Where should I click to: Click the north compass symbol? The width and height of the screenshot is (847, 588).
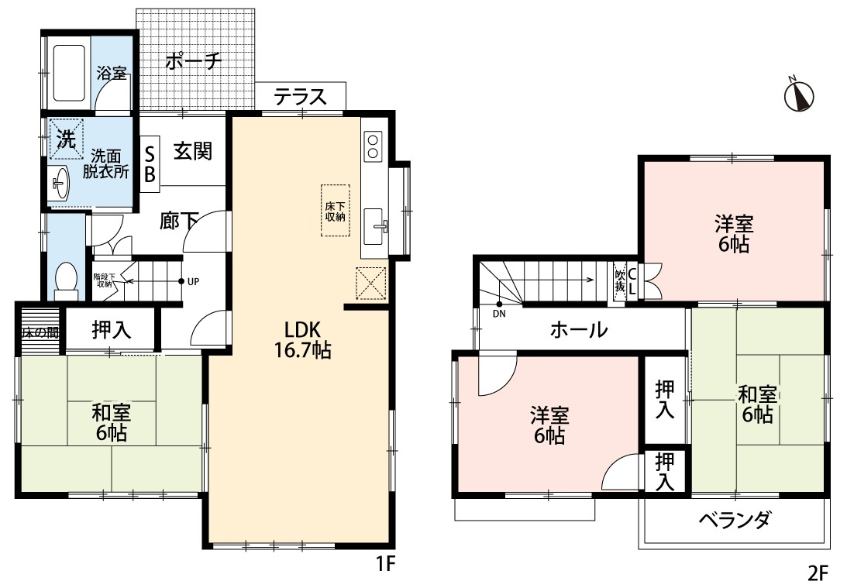click(x=798, y=95)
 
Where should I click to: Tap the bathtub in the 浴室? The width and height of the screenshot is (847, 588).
click(x=69, y=73)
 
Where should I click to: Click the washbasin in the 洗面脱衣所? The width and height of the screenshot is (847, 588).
click(x=59, y=184)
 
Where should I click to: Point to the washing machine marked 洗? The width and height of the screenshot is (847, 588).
click(x=67, y=139)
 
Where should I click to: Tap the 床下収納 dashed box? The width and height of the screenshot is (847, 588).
click(x=335, y=211)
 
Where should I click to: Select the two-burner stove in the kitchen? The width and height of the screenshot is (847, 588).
click(x=373, y=146)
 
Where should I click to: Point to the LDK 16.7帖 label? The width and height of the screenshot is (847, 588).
click(x=302, y=339)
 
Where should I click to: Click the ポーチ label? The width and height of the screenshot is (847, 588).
click(x=194, y=60)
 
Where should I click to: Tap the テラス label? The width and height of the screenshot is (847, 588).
click(x=301, y=97)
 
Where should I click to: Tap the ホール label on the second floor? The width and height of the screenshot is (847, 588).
click(x=579, y=328)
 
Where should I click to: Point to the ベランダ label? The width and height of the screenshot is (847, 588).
click(x=735, y=520)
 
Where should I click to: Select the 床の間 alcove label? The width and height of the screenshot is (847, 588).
click(x=40, y=332)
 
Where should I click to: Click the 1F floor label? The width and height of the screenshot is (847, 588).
click(x=386, y=564)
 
